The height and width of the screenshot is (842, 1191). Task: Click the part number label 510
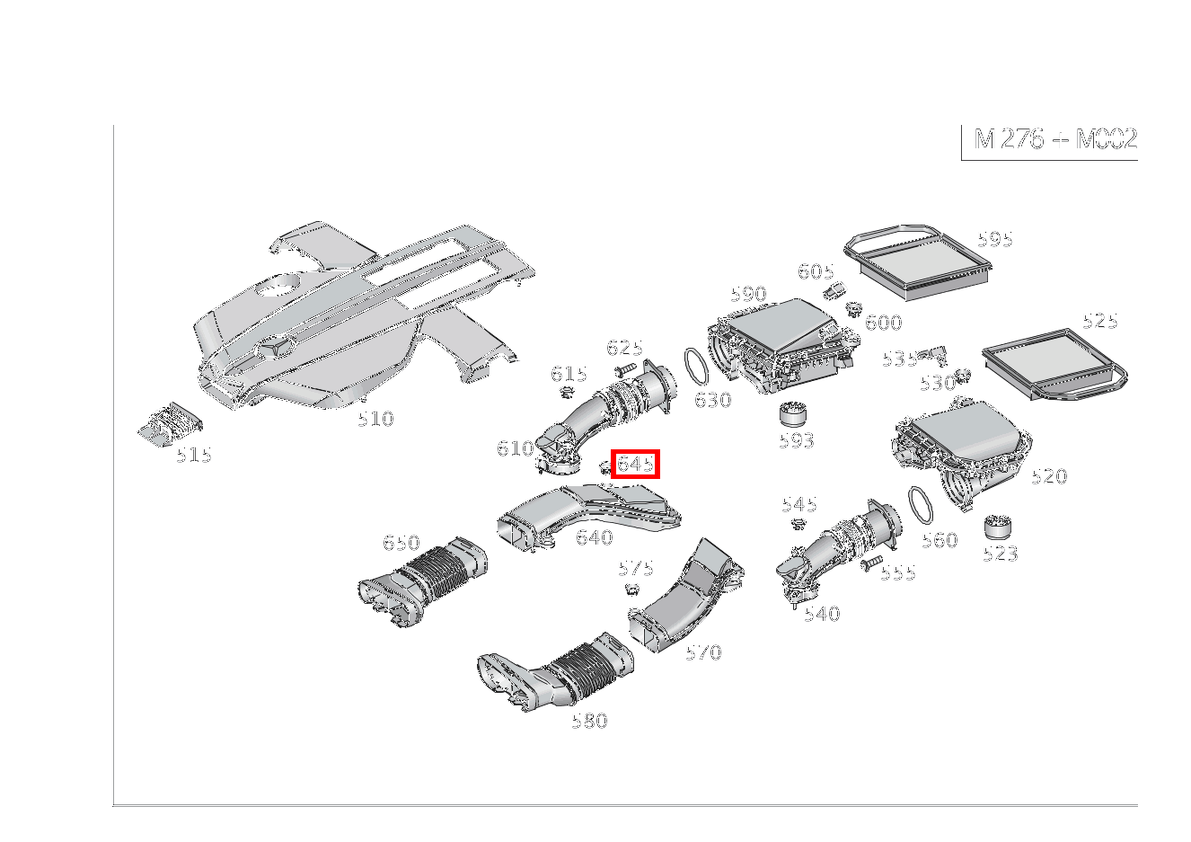pos(375,419)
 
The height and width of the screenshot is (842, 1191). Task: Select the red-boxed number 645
pos(635,464)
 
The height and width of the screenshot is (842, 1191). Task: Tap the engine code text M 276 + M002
pos(1055,139)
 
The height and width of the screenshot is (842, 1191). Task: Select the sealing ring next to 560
pos(921,505)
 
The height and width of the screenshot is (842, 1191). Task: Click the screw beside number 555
pos(870,564)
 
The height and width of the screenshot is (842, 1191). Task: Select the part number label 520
pos(1048,476)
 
